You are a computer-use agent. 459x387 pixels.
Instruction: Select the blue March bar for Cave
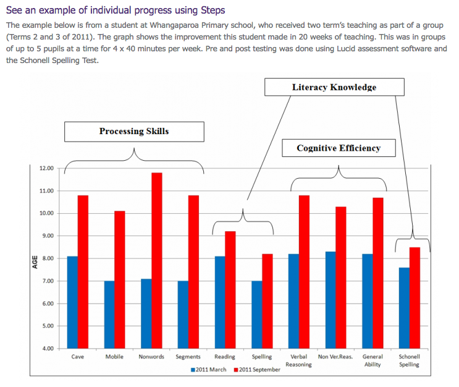tap(72, 302)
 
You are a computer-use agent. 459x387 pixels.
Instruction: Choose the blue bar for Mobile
tap(109, 315)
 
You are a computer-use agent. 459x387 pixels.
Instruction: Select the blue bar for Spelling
tap(256, 315)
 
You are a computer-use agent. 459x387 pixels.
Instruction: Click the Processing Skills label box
tap(134, 131)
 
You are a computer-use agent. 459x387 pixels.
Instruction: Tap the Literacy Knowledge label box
tap(334, 87)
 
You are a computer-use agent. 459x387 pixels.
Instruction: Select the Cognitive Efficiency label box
tap(338, 148)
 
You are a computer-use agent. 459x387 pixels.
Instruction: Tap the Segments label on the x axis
tap(188, 357)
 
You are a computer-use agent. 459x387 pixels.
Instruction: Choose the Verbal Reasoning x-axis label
tap(299, 360)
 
